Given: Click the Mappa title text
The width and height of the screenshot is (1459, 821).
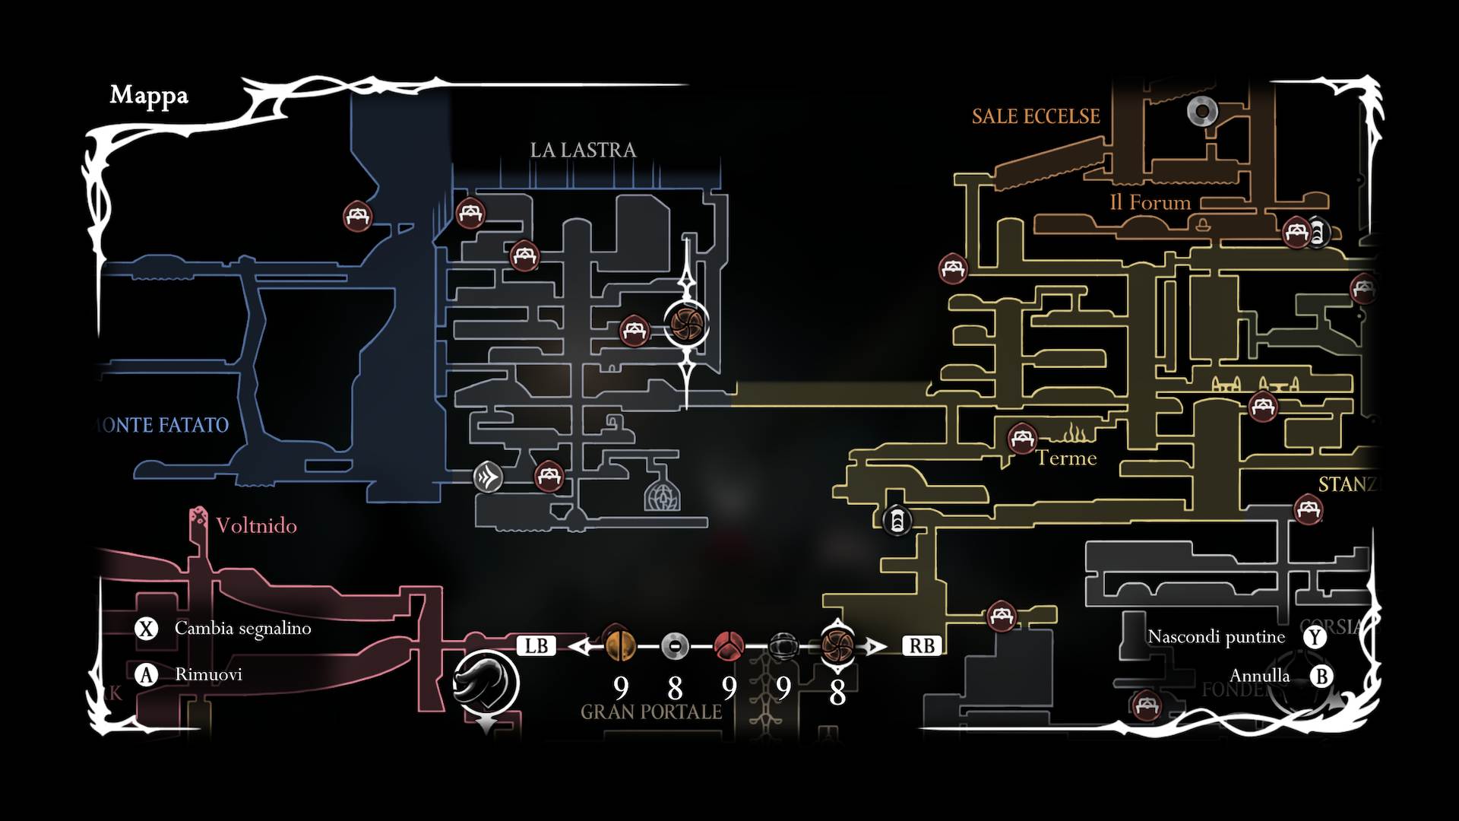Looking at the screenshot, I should click(149, 96).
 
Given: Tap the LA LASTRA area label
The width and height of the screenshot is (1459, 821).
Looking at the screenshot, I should click(583, 150).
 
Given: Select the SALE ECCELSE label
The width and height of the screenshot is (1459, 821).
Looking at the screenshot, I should click(1036, 116).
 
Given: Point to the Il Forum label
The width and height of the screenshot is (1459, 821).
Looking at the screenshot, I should click(1150, 202).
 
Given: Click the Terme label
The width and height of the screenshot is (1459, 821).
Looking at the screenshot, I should click(1067, 458).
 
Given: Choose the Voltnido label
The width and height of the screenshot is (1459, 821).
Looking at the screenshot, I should click(256, 525).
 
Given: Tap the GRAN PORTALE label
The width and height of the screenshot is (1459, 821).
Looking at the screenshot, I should click(651, 712).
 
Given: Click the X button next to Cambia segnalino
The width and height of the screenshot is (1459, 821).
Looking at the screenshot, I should click(146, 629).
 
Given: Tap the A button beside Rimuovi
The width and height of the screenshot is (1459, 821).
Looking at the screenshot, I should click(146, 674).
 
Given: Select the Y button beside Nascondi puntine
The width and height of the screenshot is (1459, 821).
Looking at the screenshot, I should click(1315, 636).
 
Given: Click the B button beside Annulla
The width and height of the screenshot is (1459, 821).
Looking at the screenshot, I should click(1321, 676).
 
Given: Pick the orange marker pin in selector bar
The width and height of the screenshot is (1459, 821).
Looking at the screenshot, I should click(619, 645).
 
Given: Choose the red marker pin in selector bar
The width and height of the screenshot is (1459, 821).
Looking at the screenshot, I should click(729, 646).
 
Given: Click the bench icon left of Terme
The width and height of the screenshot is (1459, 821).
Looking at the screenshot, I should click(1022, 439).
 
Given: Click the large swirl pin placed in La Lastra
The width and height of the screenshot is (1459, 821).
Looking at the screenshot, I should click(687, 325).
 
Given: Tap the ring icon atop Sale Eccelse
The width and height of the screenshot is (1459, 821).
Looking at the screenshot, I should click(1202, 112).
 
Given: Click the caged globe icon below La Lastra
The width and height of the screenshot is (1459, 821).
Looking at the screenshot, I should click(662, 495).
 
